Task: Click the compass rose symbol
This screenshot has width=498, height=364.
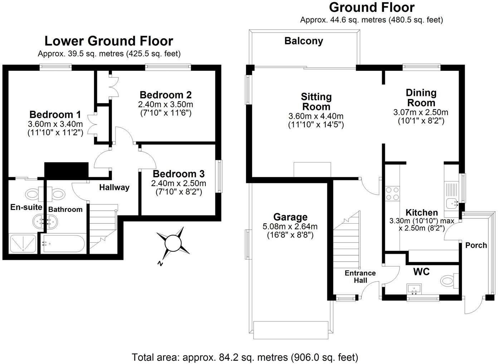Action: (x=174, y=243)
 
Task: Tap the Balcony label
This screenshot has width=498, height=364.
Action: (x=303, y=41)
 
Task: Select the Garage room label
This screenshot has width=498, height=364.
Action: (x=290, y=217)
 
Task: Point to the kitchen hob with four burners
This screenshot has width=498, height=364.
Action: (x=392, y=194)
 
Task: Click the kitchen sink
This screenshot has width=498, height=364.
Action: (x=452, y=203)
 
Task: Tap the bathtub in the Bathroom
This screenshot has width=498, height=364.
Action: (x=63, y=244)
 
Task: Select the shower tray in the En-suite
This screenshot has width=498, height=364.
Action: (x=23, y=244)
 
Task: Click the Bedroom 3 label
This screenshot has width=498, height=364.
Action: (x=179, y=174)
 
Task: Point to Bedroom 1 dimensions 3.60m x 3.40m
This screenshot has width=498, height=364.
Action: (x=55, y=124)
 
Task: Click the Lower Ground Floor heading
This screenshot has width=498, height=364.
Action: (x=109, y=41)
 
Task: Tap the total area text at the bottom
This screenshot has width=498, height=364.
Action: (x=245, y=357)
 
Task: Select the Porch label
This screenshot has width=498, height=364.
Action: (x=476, y=246)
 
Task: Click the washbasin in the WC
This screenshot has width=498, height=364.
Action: (x=414, y=288)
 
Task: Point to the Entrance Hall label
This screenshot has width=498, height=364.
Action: (x=360, y=276)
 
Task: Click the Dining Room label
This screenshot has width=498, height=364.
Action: (x=421, y=98)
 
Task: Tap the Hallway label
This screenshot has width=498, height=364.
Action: (x=114, y=187)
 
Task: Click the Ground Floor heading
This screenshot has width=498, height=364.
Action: (x=372, y=8)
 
